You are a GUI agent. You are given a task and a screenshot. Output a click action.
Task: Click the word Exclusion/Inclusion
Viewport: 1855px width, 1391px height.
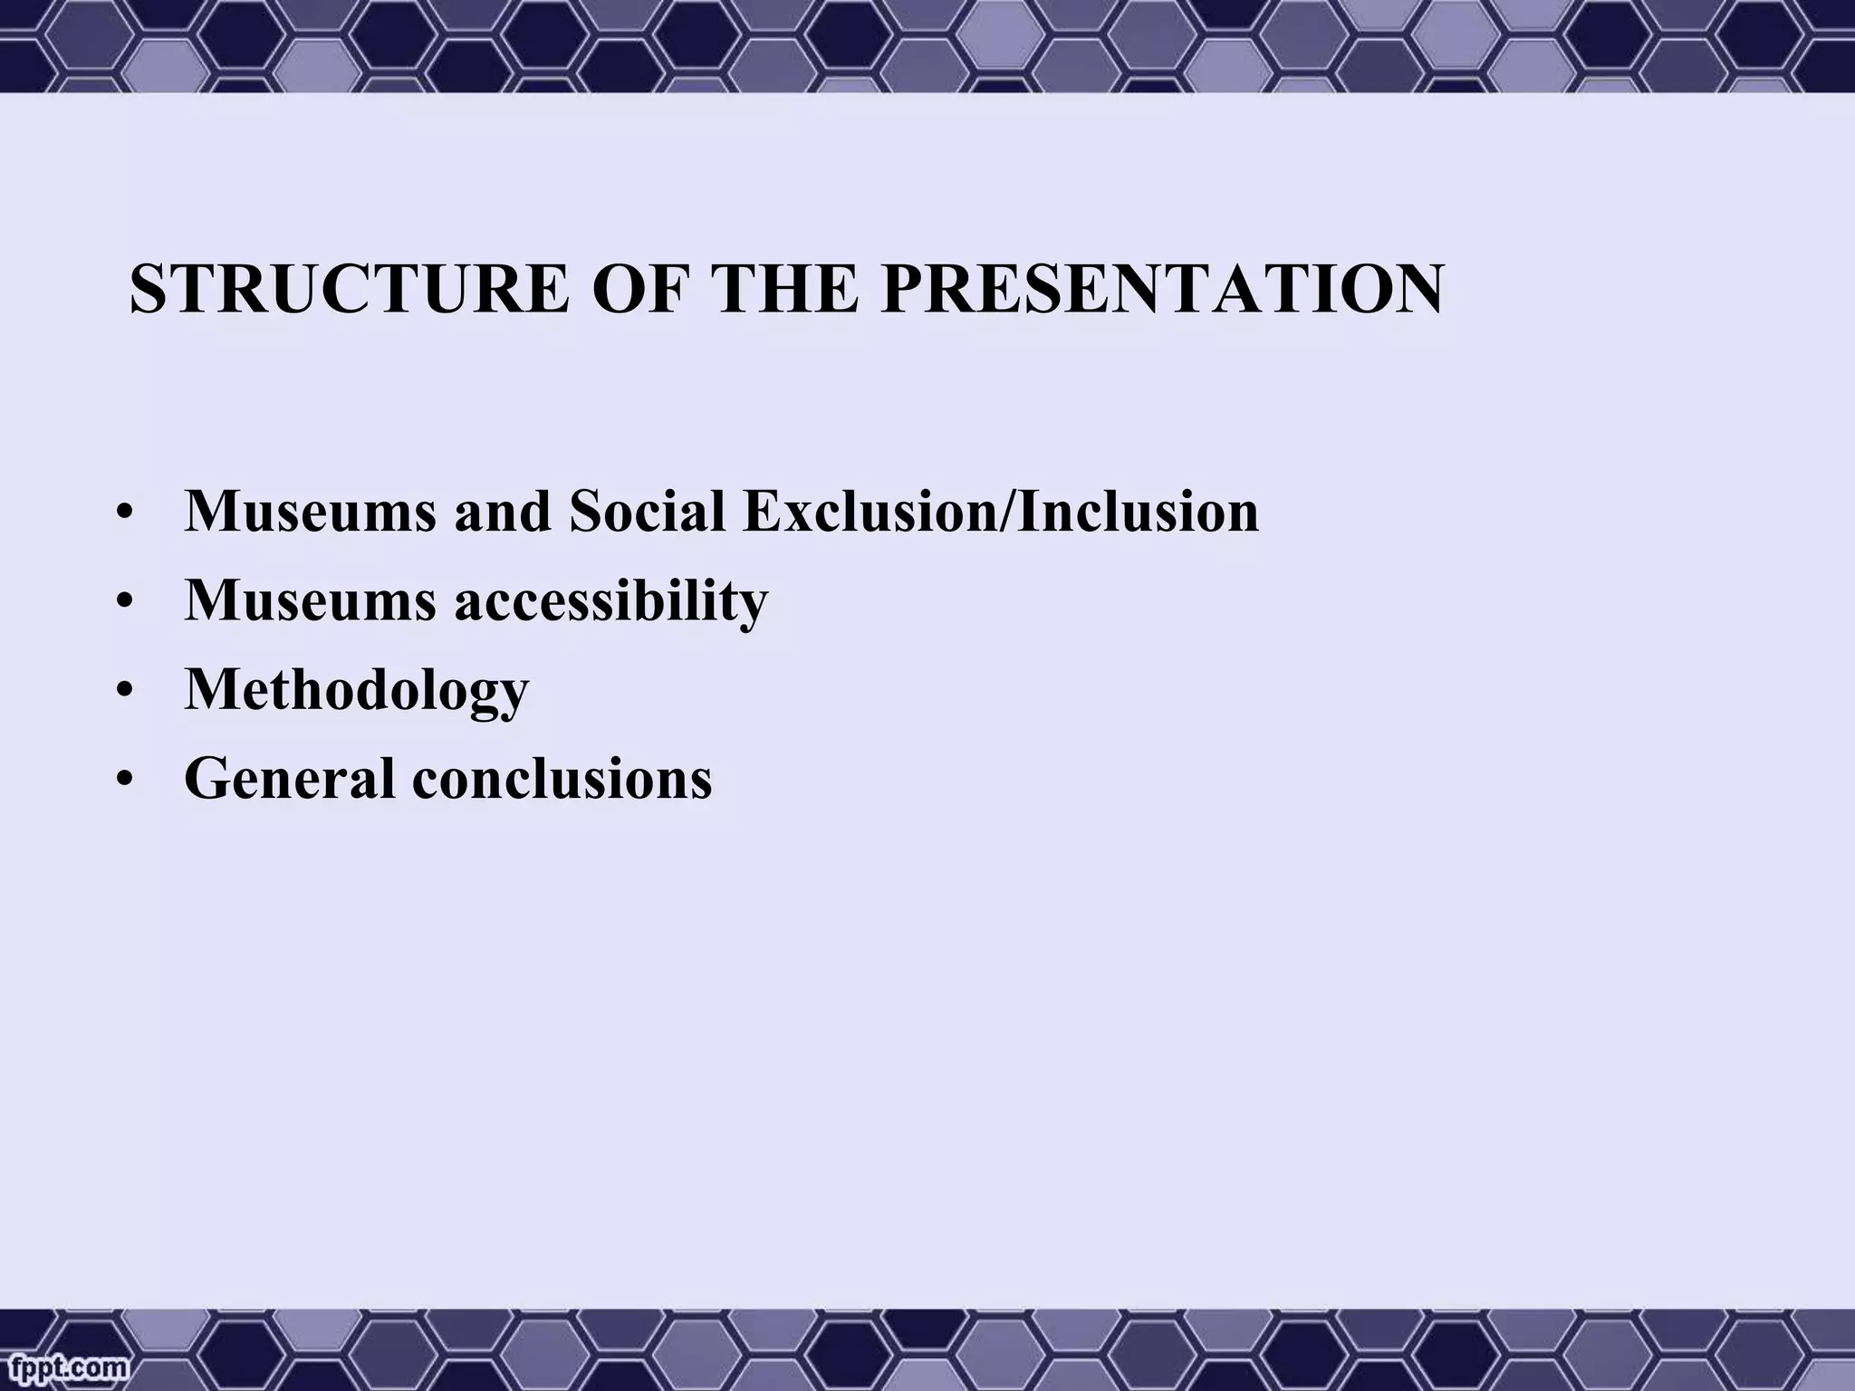[x=1000, y=511]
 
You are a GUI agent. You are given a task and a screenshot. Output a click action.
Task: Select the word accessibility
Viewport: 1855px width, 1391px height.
[x=610, y=600]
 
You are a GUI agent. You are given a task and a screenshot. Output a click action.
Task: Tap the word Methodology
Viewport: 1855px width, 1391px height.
[x=356, y=690]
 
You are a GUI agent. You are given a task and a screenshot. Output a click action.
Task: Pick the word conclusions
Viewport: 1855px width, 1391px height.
[x=562, y=778]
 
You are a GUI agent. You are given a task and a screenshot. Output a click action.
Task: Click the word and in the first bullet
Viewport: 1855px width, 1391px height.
[x=503, y=511]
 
